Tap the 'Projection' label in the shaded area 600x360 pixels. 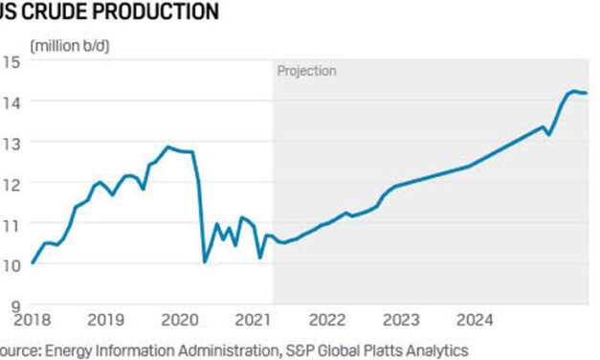pyautogui.click(x=306, y=71)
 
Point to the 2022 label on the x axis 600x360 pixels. pyautogui.click(x=327, y=319)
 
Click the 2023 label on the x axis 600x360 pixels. pyautogui.click(x=401, y=319)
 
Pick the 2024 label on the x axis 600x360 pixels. pyautogui.click(x=475, y=319)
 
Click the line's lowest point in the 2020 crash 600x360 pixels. pyautogui.click(x=205, y=260)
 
